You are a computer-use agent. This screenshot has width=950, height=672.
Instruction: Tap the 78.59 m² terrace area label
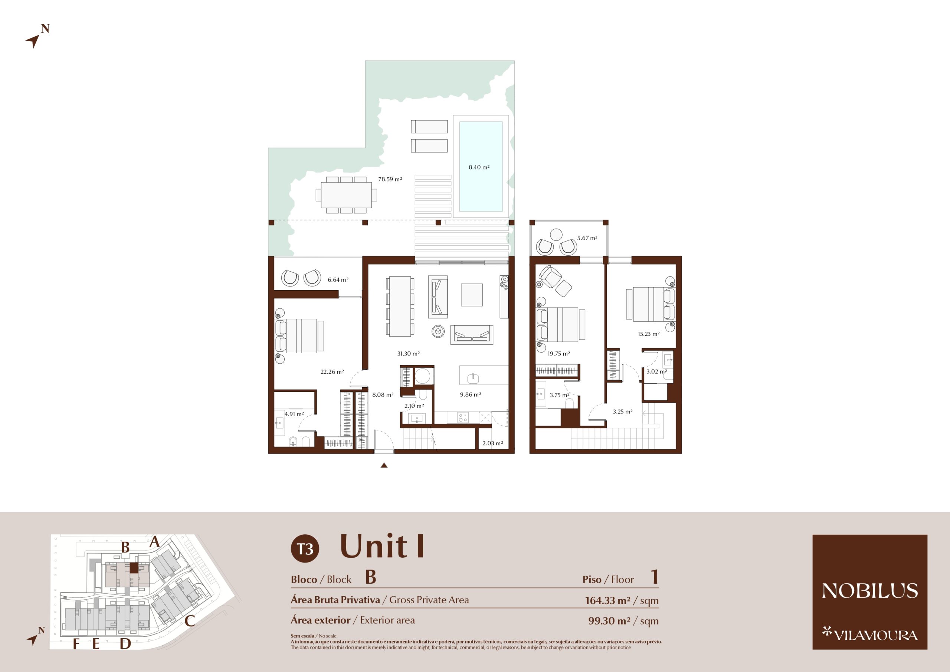point(390,179)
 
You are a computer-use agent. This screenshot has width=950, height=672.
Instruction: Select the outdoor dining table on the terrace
point(346,194)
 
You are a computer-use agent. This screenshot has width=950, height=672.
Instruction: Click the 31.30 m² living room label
point(408,353)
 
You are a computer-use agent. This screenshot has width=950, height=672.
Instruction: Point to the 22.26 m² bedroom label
point(332,371)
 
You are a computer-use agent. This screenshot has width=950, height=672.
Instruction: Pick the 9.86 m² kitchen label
point(471,394)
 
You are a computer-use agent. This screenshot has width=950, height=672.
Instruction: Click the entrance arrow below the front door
point(384,465)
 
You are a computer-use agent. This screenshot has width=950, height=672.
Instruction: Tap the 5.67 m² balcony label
point(587,238)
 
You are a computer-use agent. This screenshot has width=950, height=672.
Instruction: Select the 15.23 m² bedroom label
point(648,334)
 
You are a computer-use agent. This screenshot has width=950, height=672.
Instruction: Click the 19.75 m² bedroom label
point(558,353)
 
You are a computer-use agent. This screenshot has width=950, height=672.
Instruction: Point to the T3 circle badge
point(305,549)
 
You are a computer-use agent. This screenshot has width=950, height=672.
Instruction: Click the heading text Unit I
point(382,546)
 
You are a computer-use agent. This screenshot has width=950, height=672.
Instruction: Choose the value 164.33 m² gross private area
point(607,600)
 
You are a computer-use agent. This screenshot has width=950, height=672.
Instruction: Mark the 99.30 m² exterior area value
point(609,620)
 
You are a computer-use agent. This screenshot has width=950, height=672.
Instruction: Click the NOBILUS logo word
point(870,590)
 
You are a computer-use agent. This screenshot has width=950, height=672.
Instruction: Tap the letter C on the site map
point(190,621)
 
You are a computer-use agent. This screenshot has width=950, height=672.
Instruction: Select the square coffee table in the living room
point(472,295)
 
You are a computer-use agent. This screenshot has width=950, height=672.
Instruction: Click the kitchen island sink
point(473,378)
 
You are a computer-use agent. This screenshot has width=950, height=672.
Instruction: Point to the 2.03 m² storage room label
point(492,443)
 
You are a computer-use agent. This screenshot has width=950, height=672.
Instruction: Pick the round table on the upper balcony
point(556,235)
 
